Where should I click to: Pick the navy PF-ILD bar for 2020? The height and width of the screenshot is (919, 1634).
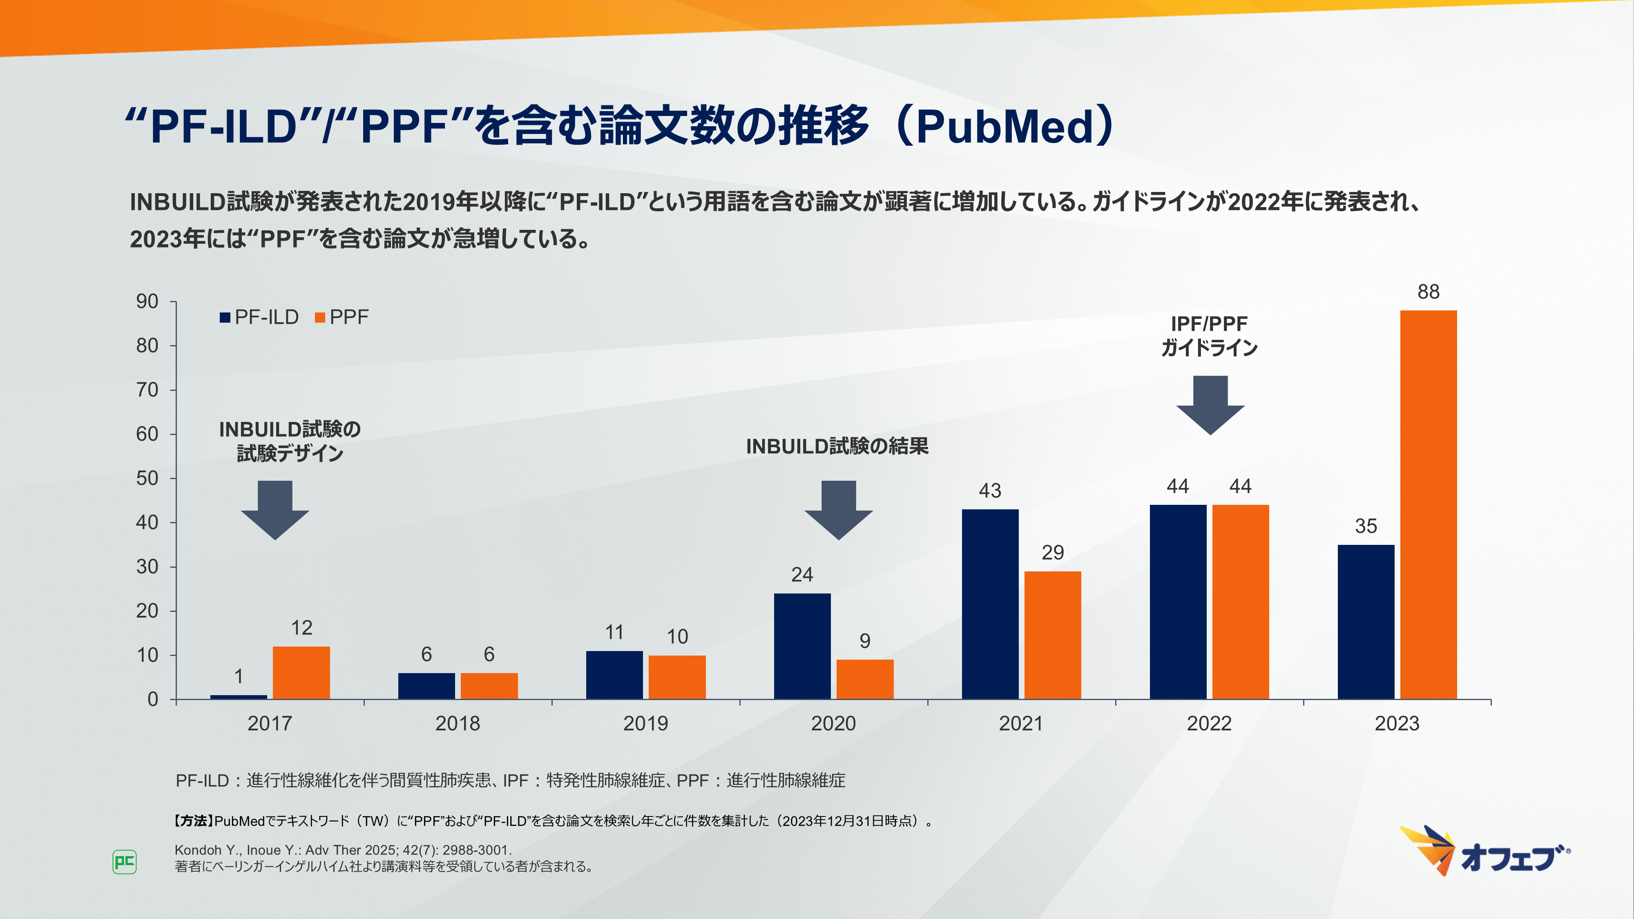pos(802,646)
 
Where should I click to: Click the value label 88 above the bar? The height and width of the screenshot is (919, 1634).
pos(1429,292)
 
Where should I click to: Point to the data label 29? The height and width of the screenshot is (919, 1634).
pos(1052,552)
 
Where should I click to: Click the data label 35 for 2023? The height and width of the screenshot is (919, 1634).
pos(1366,526)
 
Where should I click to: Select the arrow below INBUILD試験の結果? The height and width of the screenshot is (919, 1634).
pos(839,510)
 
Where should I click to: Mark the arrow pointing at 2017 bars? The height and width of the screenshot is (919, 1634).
pos(275,510)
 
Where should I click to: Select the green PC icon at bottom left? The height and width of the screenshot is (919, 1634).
pos(124,862)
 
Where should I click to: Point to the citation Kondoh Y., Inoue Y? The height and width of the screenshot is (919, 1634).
pos(343,850)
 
